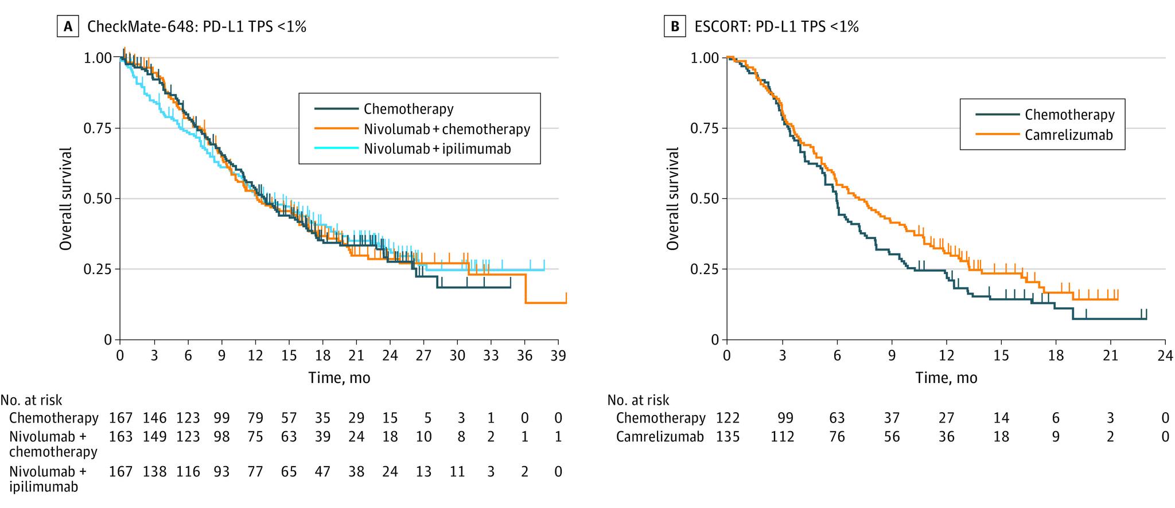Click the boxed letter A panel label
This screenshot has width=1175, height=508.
(x=68, y=26)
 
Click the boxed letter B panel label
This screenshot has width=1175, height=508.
(x=675, y=26)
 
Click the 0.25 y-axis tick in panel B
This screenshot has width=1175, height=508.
(x=705, y=269)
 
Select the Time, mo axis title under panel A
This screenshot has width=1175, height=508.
(x=339, y=378)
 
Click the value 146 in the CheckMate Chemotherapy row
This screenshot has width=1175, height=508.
(x=155, y=418)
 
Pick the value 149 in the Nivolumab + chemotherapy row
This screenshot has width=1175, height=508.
(x=155, y=437)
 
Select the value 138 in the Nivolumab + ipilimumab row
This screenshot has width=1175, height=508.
(x=155, y=472)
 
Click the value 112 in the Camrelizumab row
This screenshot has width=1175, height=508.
(x=783, y=437)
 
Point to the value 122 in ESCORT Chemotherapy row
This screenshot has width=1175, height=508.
(x=728, y=418)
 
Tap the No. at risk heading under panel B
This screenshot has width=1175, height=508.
(x=638, y=400)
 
